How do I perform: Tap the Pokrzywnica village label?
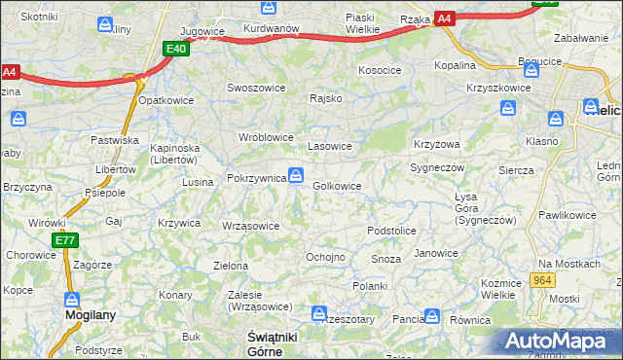(x=255, y=179)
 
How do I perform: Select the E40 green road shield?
(x=175, y=49)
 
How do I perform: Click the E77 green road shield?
(x=65, y=241)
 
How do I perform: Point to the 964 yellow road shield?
(x=543, y=280)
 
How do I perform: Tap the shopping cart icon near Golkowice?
(x=296, y=175)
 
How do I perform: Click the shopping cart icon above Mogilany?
(x=72, y=299)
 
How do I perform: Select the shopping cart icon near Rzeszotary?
(x=318, y=312)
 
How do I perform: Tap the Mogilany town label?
(x=85, y=315)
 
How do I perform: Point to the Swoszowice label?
(x=256, y=87)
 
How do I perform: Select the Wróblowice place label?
(x=266, y=137)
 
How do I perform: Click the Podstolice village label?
(x=391, y=231)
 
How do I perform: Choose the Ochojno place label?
(x=325, y=257)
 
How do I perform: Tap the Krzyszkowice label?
(x=498, y=88)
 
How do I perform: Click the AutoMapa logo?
(x=559, y=341)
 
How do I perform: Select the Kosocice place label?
(x=380, y=70)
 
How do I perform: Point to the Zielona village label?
(x=231, y=265)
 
